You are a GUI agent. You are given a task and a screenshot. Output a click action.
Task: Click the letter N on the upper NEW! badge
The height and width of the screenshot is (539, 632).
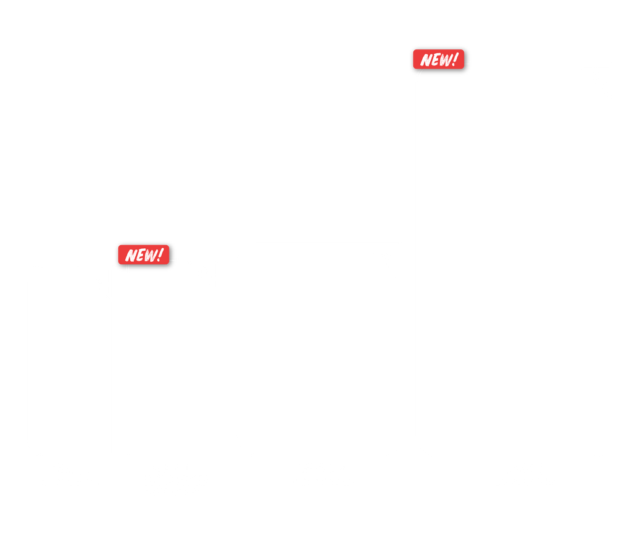(426, 60)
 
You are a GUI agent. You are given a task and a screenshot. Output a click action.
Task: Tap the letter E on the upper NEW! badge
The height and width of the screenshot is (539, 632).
(435, 60)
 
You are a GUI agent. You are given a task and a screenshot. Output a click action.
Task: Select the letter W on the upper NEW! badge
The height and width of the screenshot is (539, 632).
(445, 60)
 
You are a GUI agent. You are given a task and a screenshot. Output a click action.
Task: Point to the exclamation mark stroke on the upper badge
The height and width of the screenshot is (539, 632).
(456, 57)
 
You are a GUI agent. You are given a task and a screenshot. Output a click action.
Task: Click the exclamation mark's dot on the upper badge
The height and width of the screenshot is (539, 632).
(454, 64)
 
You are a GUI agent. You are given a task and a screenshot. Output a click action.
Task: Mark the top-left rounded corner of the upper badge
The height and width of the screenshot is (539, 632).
(414, 51)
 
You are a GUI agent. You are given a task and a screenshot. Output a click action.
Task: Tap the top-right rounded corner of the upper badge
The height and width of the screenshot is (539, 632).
(463, 51)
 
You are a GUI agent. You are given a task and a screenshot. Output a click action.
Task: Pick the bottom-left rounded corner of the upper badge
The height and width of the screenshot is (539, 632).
(414, 68)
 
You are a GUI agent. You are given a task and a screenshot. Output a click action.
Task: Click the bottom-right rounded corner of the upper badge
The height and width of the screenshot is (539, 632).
(463, 68)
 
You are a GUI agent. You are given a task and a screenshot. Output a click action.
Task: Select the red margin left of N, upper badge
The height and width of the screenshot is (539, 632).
(417, 60)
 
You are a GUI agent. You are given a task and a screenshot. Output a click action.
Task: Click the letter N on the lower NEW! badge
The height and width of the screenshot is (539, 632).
(131, 256)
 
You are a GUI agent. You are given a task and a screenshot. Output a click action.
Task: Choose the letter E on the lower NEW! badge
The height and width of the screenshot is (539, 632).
(140, 256)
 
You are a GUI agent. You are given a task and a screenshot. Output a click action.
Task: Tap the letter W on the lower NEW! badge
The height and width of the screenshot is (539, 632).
(150, 255)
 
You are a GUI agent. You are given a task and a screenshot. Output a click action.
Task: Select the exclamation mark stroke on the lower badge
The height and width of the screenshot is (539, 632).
(161, 253)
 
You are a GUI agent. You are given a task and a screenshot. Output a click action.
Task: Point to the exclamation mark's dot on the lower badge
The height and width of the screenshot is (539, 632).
(159, 260)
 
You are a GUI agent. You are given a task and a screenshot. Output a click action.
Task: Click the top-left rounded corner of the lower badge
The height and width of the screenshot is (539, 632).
(119, 246)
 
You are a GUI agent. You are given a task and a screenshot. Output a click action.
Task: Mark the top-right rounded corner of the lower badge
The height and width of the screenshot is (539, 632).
(168, 246)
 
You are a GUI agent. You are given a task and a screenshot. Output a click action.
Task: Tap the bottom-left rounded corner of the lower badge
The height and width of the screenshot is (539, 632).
(119, 263)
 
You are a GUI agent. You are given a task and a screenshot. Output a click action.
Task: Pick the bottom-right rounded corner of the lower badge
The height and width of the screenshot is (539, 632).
(168, 263)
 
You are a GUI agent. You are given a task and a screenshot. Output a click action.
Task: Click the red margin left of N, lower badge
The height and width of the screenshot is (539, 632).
(122, 255)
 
